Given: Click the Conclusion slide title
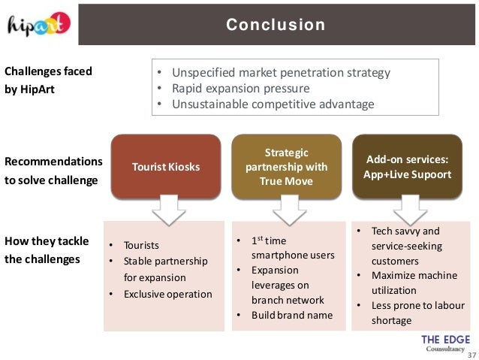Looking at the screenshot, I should click(x=276, y=25).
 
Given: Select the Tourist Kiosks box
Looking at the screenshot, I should click(x=166, y=167).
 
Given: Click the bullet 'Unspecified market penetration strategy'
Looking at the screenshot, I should click(x=281, y=73).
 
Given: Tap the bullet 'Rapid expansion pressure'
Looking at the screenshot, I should click(x=240, y=89).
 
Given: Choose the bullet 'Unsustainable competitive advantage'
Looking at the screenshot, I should click(x=273, y=104).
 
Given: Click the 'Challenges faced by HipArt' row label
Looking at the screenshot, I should click(x=49, y=80).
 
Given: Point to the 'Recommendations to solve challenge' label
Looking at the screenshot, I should click(x=53, y=171).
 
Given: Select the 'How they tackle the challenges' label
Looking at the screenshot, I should click(x=47, y=250).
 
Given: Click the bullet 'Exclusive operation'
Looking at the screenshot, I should click(x=168, y=294).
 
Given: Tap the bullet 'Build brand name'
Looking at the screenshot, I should click(x=292, y=315).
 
